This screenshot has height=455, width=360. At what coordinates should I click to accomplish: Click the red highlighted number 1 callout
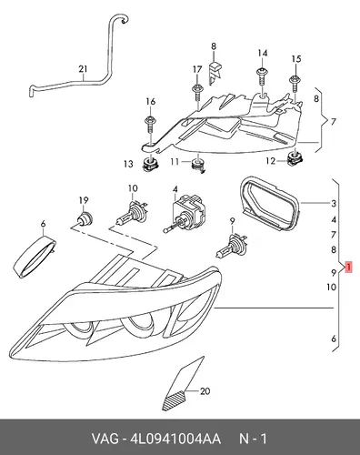click(348, 267)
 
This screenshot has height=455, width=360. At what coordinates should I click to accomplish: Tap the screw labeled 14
click(262, 78)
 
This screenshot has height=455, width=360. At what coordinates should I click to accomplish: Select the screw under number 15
click(295, 84)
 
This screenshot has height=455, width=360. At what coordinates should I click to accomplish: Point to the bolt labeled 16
click(150, 124)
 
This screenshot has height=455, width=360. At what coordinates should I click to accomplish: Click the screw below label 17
click(197, 93)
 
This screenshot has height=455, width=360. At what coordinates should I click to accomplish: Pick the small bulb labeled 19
click(84, 218)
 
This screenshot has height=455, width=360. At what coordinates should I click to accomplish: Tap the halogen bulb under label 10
click(133, 210)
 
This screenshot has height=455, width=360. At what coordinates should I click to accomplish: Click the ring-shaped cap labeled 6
click(35, 257)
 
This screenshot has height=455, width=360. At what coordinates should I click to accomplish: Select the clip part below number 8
click(215, 72)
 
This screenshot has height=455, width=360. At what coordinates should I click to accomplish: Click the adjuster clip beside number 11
click(198, 166)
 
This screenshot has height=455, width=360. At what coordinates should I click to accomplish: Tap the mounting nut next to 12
click(295, 157)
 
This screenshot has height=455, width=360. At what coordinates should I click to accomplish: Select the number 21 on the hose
click(83, 69)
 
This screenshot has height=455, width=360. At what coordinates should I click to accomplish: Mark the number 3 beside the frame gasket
click(334, 203)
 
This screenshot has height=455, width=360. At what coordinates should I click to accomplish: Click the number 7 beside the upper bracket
click(334, 122)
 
